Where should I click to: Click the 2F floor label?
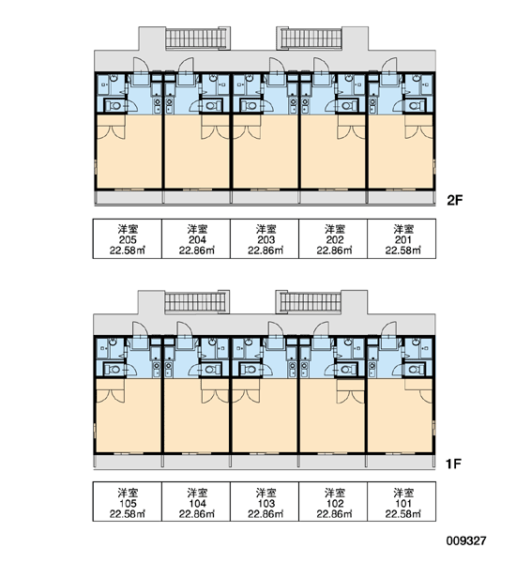(455, 200)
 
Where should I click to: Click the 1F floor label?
(453, 464)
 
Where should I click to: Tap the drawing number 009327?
(466, 540)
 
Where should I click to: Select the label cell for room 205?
(128, 238)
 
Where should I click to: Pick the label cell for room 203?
(265, 238)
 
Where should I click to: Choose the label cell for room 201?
(402, 238)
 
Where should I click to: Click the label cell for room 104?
(196, 502)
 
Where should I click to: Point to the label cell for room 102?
(333, 502)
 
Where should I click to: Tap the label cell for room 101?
(402, 502)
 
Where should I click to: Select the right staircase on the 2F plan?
(311, 38)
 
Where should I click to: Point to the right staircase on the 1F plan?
(311, 302)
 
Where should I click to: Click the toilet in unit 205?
(114, 106)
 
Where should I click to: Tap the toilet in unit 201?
(415, 106)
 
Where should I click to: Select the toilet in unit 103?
(251, 369)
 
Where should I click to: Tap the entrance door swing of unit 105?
(140, 329)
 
